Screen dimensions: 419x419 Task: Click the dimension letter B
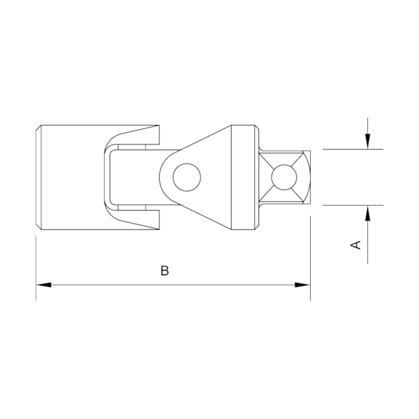coord(164,271)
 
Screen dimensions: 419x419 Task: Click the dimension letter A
coord(356,245)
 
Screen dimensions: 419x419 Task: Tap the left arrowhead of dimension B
coord(43,285)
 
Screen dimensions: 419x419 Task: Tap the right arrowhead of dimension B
coord(302,285)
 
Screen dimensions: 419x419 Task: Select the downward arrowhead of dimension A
coord(367,141)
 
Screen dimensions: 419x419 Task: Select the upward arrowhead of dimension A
coord(367,213)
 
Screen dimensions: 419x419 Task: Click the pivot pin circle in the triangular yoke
coord(187,177)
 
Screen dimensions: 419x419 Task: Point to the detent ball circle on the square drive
coord(284,177)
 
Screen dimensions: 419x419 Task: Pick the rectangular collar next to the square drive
coord(243,177)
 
